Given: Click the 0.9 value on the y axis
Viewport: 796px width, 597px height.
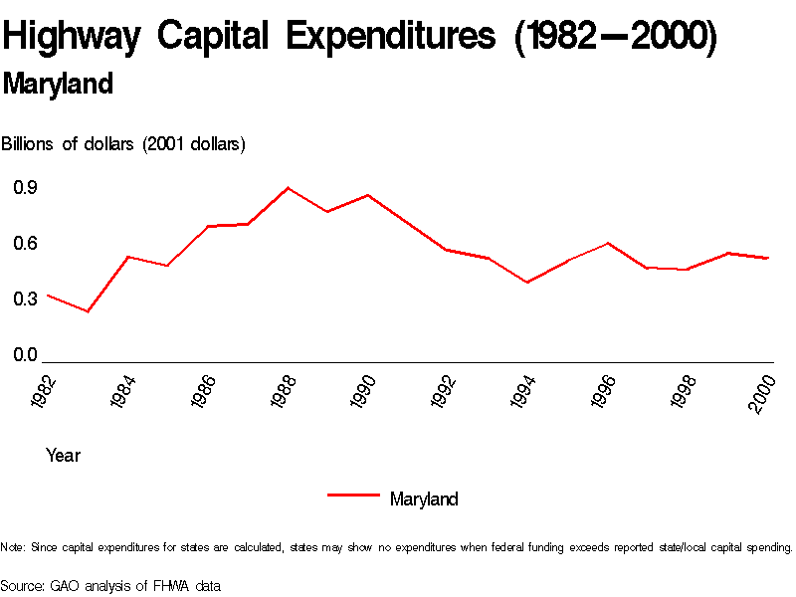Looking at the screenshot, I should pyautogui.click(x=25, y=187).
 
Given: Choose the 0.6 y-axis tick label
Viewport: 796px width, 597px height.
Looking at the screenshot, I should pyautogui.click(x=25, y=243).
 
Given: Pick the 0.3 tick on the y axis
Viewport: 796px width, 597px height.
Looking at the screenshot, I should pyautogui.click(x=25, y=298).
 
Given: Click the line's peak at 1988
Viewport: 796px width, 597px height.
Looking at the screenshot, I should pyautogui.click(x=288, y=187).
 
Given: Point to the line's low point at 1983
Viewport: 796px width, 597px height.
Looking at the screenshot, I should pyautogui.click(x=88, y=311).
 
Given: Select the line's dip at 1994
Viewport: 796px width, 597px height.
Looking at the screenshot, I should pyautogui.click(x=527, y=283).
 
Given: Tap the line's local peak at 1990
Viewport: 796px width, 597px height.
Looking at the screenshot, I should pyautogui.click(x=368, y=195).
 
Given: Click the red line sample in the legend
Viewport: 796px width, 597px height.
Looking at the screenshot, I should pyautogui.click(x=353, y=494).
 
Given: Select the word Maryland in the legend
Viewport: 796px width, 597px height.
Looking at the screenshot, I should pyautogui.click(x=424, y=499).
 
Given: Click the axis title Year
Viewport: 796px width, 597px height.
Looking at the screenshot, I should pyautogui.click(x=63, y=456).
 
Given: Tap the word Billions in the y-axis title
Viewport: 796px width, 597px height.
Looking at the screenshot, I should pyautogui.click(x=29, y=144).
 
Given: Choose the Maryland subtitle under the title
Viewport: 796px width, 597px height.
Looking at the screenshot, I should pyautogui.click(x=58, y=85).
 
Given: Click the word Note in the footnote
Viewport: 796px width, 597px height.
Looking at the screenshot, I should pyautogui.click(x=12, y=547).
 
